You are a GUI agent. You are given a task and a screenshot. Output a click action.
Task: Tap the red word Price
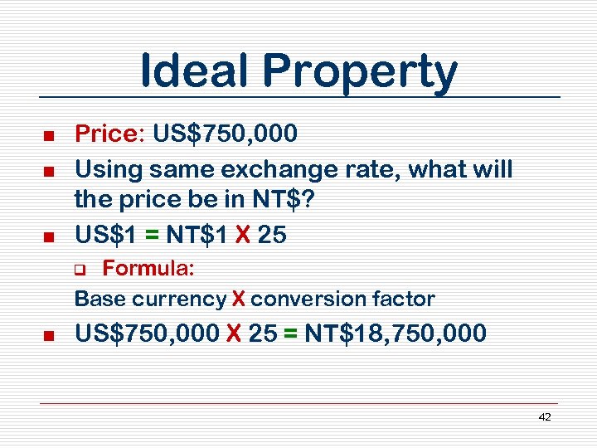tap(107, 134)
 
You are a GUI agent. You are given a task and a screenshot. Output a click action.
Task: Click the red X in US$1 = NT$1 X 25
tap(242, 236)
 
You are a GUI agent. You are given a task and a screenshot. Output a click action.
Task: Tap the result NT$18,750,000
tap(396, 334)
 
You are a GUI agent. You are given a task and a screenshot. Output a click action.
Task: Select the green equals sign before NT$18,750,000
tap(290, 334)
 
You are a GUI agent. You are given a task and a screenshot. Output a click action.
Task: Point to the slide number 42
tap(544, 417)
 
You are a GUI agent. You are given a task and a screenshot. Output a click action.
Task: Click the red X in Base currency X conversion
tap(238, 299)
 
